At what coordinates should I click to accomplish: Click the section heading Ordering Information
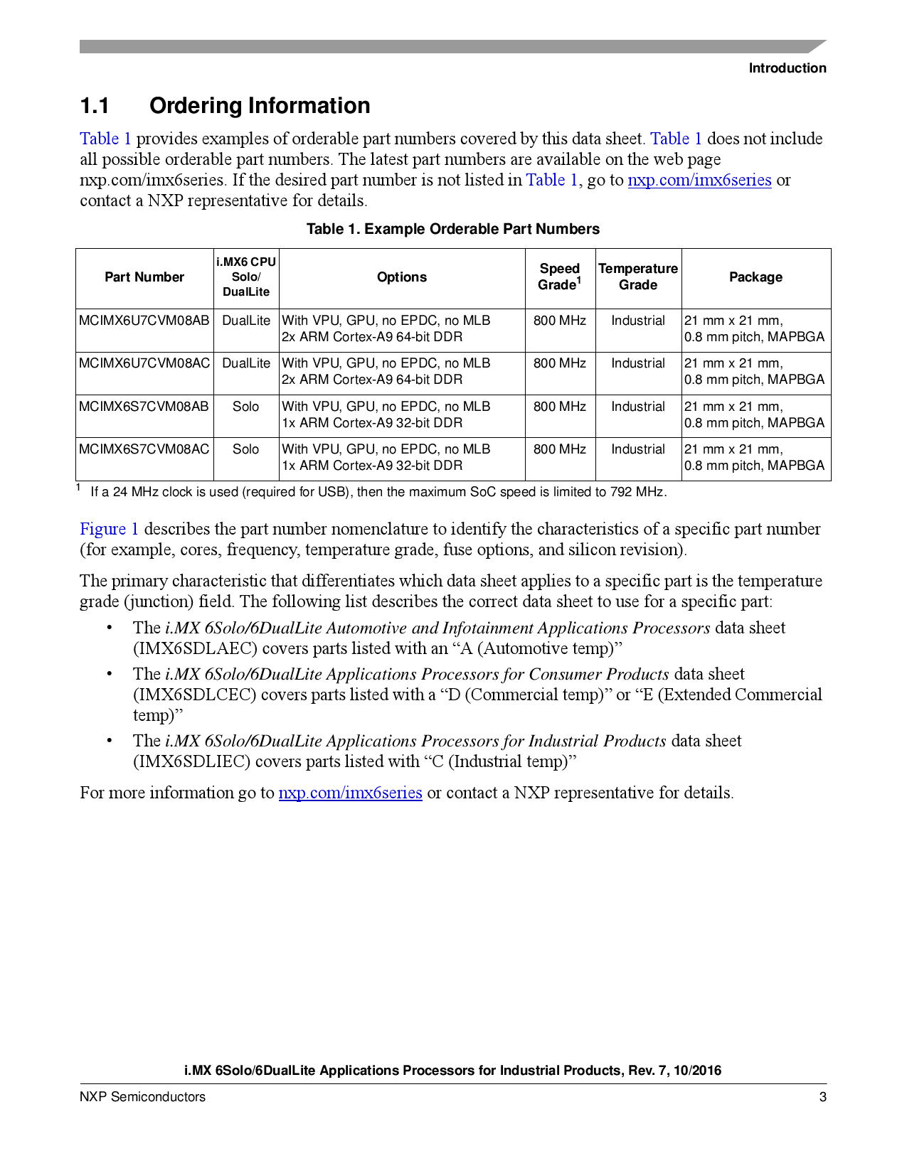pyautogui.click(x=260, y=106)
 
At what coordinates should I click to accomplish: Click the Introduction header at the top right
pyautogui.click(x=787, y=68)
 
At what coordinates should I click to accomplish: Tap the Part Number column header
pyautogui.click(x=144, y=277)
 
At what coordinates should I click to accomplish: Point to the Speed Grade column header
pyautogui.click(x=559, y=277)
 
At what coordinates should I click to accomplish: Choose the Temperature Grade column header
pyautogui.click(x=638, y=277)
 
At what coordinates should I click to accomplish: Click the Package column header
pyautogui.click(x=755, y=277)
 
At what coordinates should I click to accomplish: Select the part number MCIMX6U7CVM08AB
pyautogui.click(x=144, y=321)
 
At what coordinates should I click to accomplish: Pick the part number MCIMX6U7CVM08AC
pyautogui.click(x=144, y=363)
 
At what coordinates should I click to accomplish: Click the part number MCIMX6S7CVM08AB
pyautogui.click(x=144, y=407)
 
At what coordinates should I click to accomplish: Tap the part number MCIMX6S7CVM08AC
pyautogui.click(x=144, y=449)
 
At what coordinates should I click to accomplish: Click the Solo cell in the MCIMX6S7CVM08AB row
pyautogui.click(x=245, y=407)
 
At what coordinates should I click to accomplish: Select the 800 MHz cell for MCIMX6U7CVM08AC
pyautogui.click(x=560, y=363)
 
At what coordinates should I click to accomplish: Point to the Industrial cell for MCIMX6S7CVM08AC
pyautogui.click(x=638, y=449)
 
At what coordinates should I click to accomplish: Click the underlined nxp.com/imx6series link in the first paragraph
pyautogui.click(x=699, y=181)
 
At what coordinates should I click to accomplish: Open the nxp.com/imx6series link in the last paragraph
pyautogui.click(x=350, y=793)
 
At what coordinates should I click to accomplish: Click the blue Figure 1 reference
pyautogui.click(x=109, y=530)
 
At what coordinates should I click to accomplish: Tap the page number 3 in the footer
pyautogui.click(x=823, y=1097)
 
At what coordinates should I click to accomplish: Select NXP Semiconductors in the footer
pyautogui.click(x=142, y=1097)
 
